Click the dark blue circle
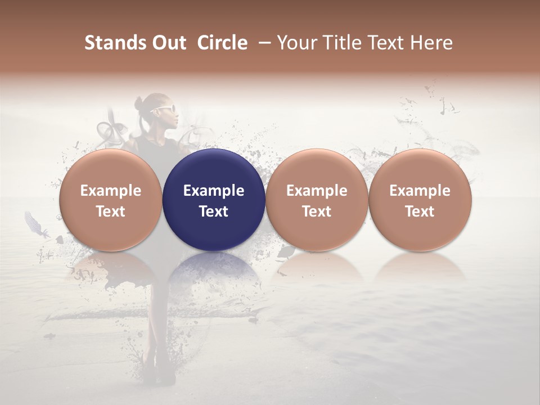pos(214,200)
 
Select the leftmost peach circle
pos(111,200)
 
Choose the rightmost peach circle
pos(420,200)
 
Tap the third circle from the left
pos(317,200)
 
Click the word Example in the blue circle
pos(214,191)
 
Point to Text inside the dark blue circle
pos(214,211)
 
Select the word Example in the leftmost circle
pos(111,191)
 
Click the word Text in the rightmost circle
pos(420,211)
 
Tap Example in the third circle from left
pos(317,191)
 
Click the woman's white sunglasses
pos(164,110)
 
